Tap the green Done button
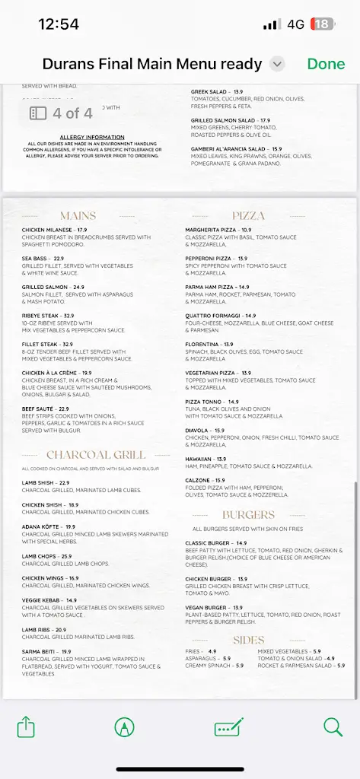(326, 65)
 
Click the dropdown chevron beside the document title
(277, 65)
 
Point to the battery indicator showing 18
(323, 24)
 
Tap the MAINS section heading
(78, 216)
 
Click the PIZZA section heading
(248, 216)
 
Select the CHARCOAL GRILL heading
(84, 455)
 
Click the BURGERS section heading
(248, 515)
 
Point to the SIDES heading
(248, 640)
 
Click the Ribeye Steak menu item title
(42, 316)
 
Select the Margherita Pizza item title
(212, 230)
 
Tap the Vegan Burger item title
(207, 608)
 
